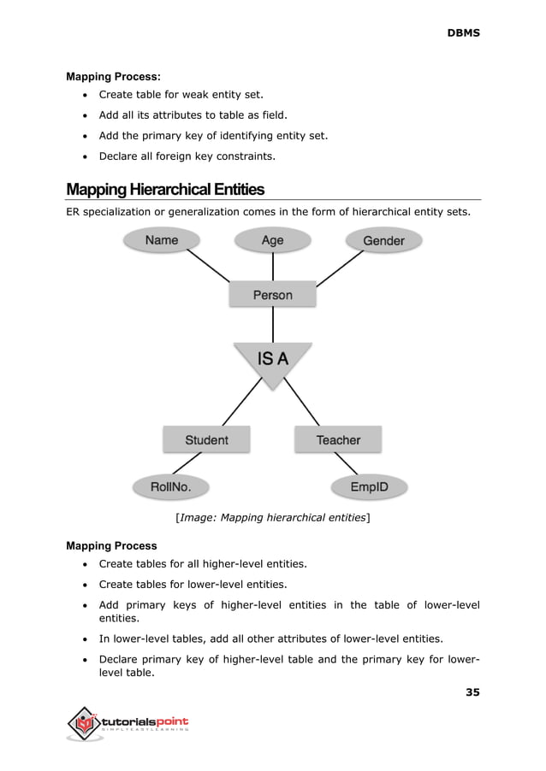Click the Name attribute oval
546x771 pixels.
pyautogui.click(x=162, y=240)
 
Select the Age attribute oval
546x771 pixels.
pyautogui.click(x=272, y=240)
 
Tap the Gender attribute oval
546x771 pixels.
pyautogui.click(x=383, y=241)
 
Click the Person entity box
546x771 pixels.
pyautogui.click(x=272, y=295)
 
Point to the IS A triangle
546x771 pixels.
pyautogui.click(x=272, y=362)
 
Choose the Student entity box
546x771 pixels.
pyautogui.click(x=206, y=440)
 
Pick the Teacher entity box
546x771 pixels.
pyautogui.click(x=338, y=440)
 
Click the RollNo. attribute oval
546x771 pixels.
pyautogui.click(x=169, y=488)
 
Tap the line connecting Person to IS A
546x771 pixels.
pyautogui.click(x=272, y=325)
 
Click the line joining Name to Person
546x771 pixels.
pyautogui.click(x=210, y=268)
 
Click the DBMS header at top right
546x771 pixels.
pyautogui.click(x=463, y=32)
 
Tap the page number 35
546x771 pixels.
pyautogui.click(x=472, y=692)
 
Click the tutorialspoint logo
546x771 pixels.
pyautogui.click(x=128, y=725)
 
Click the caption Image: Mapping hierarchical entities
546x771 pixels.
pyautogui.click(x=272, y=517)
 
